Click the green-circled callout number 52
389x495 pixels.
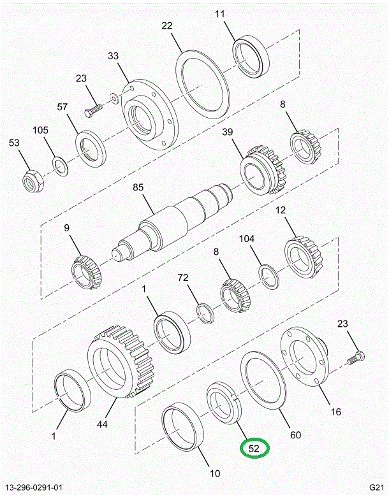[x=254, y=448]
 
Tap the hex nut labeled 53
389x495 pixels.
[x=32, y=181]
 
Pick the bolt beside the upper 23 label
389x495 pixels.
[x=92, y=110]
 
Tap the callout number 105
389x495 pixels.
[x=41, y=131]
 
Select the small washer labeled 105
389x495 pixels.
[x=59, y=168]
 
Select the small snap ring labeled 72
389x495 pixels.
[x=205, y=313]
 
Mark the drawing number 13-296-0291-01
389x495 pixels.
[x=36, y=485]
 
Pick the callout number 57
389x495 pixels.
[x=62, y=107]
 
